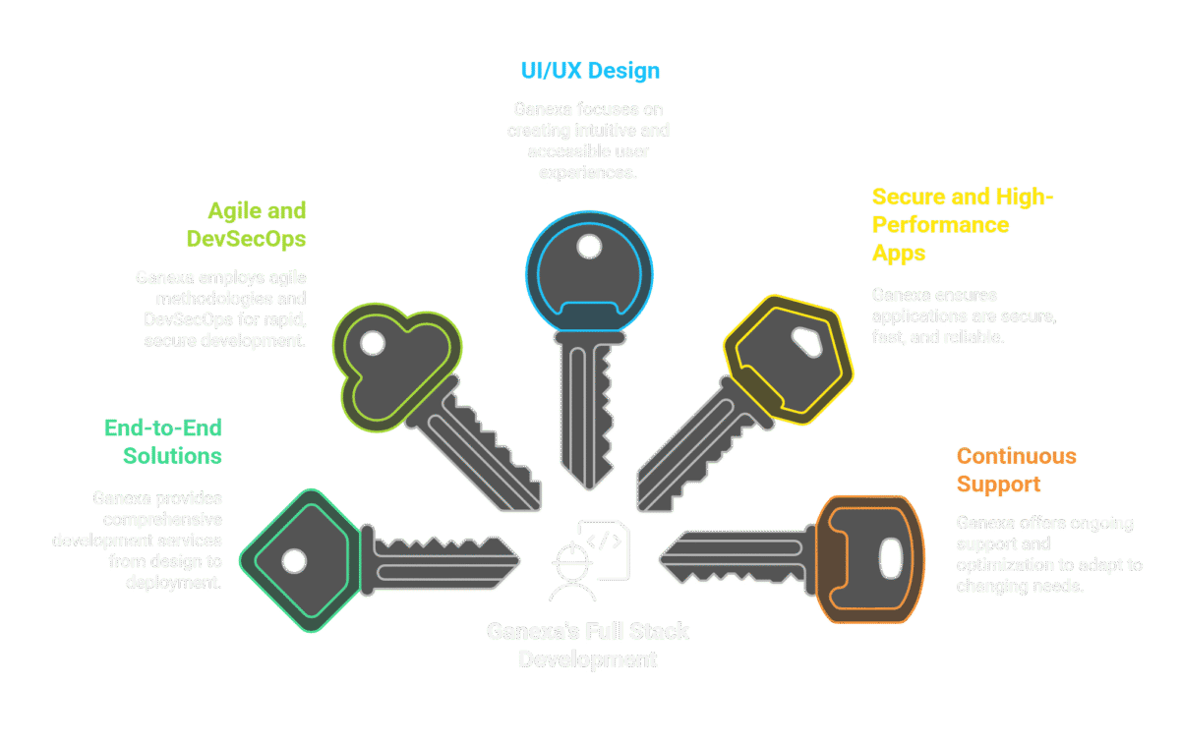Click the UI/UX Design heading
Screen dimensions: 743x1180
pyautogui.click(x=589, y=71)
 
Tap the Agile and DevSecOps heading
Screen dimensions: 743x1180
pyautogui.click(x=257, y=224)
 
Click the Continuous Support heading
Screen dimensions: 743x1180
pyautogui.click(x=1016, y=470)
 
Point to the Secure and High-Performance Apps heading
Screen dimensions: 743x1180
pyautogui.click(x=962, y=224)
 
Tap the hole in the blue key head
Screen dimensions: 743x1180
pyautogui.click(x=589, y=247)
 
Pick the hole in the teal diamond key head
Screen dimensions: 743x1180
pyautogui.click(x=292, y=561)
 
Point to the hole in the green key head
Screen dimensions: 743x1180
pyautogui.click(x=373, y=343)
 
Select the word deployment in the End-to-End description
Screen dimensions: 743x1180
pyautogui.click(x=173, y=581)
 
